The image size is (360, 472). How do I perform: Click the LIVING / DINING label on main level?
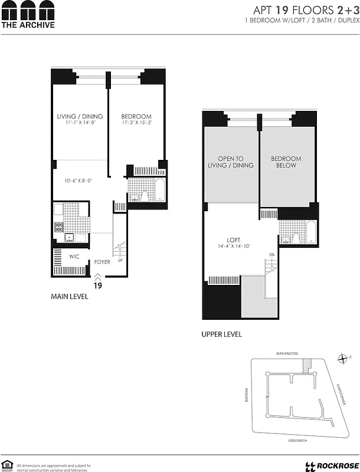pos(80,116)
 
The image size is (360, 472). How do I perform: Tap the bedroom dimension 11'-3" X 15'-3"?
pos(136,123)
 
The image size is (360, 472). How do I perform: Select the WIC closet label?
pos(74,256)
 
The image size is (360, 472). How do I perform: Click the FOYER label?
pos(102,262)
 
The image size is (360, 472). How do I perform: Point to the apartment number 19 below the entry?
pos(99,284)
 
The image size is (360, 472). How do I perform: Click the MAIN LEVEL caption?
pos(70,297)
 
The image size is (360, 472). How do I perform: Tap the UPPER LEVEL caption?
pos(221,335)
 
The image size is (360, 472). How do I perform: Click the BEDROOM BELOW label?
pos(286,162)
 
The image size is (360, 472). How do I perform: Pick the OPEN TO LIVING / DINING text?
pos(231,162)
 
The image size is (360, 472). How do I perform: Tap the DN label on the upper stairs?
pos(271,255)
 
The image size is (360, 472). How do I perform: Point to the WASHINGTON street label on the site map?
pos(287,353)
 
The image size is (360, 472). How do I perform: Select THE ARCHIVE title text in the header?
pos(28,25)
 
